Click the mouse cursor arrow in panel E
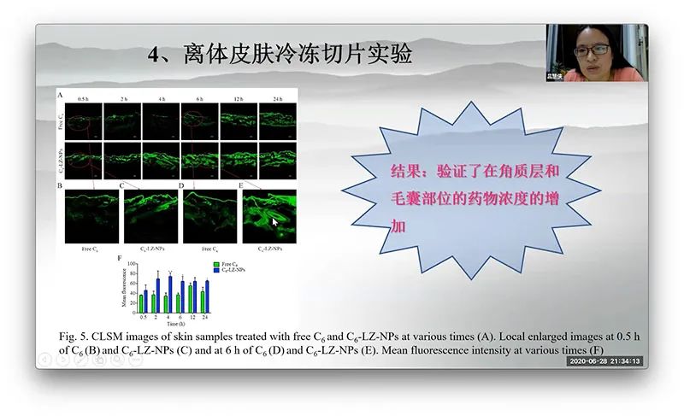pos(274,222)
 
